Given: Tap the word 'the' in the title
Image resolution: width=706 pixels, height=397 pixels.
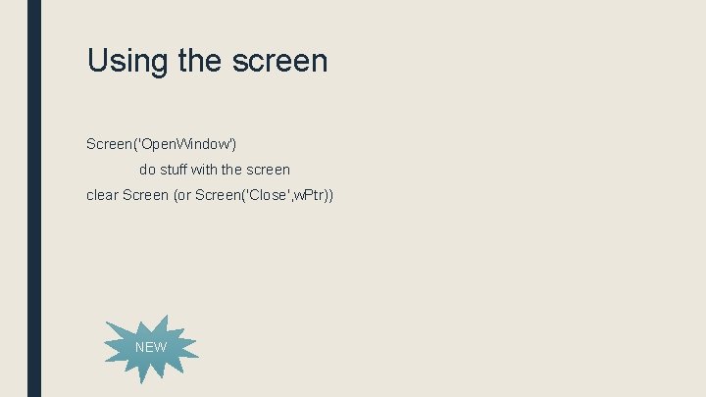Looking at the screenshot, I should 201,61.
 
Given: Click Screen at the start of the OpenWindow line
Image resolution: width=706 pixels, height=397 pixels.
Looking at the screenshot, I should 111,144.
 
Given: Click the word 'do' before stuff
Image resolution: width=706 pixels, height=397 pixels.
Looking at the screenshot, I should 147,170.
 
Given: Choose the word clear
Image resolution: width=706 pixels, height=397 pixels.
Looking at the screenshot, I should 102,195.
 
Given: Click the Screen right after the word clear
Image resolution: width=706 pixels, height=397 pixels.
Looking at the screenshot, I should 145,195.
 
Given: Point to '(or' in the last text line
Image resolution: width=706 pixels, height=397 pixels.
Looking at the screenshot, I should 182,195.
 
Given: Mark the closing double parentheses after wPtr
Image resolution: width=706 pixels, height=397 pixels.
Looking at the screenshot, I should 328,195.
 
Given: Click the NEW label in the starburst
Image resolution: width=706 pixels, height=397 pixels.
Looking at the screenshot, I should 151,347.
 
